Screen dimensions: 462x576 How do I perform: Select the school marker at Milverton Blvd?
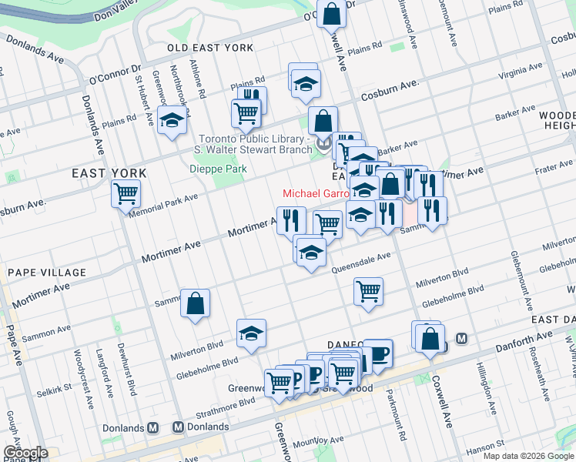coord(251,333)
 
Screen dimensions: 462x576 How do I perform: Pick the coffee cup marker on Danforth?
coord(377,353)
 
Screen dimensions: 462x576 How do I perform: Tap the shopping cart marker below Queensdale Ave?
coord(369,292)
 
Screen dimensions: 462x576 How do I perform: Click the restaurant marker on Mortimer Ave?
coord(291,220)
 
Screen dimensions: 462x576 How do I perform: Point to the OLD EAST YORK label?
coord(210,48)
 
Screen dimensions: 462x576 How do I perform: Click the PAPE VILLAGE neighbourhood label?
coord(47,273)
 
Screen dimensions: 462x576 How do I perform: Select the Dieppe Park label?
coord(218,169)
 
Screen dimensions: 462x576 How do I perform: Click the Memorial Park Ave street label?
coord(164,204)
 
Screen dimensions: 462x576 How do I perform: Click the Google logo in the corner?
coord(25,453)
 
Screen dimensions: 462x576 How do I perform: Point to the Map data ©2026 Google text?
coord(527,456)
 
